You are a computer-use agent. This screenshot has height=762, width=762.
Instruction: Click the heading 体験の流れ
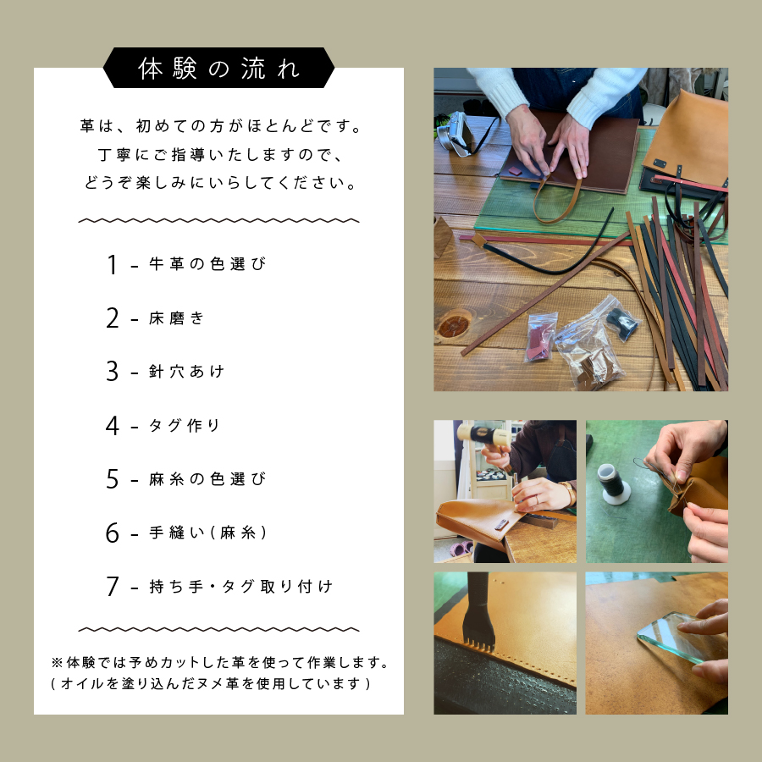(218, 69)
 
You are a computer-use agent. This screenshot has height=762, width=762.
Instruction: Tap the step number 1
(112, 265)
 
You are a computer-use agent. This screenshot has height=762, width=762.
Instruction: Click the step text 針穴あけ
(187, 372)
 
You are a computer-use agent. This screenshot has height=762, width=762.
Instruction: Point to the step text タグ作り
(185, 425)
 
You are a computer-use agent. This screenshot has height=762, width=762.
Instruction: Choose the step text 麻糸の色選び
(207, 479)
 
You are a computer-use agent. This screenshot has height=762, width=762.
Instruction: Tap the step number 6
(113, 533)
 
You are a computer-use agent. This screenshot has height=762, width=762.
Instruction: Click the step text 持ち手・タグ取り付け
(240, 587)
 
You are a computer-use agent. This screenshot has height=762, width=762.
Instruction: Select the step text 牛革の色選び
(207, 265)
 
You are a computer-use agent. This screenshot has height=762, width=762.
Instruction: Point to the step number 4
(113, 425)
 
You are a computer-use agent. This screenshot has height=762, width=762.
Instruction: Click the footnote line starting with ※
(219, 661)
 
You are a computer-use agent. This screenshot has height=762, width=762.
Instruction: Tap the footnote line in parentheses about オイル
(211, 683)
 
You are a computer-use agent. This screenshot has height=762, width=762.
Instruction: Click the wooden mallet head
(483, 434)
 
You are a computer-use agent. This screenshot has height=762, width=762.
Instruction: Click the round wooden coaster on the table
(454, 323)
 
